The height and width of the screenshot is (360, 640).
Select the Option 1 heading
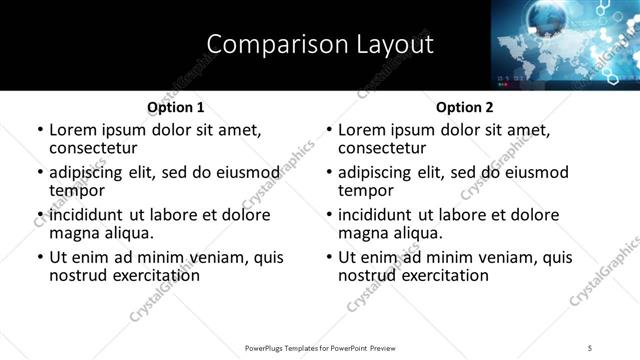(176, 107)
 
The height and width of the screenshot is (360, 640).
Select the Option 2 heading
(465, 107)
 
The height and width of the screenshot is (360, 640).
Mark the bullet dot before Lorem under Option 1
(40, 130)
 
